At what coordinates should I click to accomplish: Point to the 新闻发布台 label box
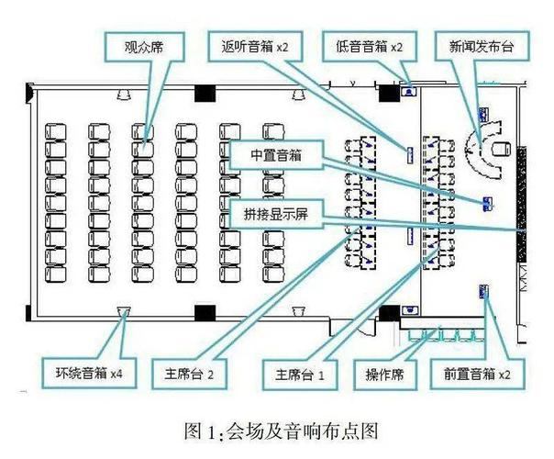coord(475,44)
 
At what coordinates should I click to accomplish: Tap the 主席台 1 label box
coord(301,374)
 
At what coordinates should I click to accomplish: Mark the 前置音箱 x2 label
coord(474,374)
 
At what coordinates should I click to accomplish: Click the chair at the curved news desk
coord(500,147)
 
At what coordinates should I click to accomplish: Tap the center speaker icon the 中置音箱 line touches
coord(486,202)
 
